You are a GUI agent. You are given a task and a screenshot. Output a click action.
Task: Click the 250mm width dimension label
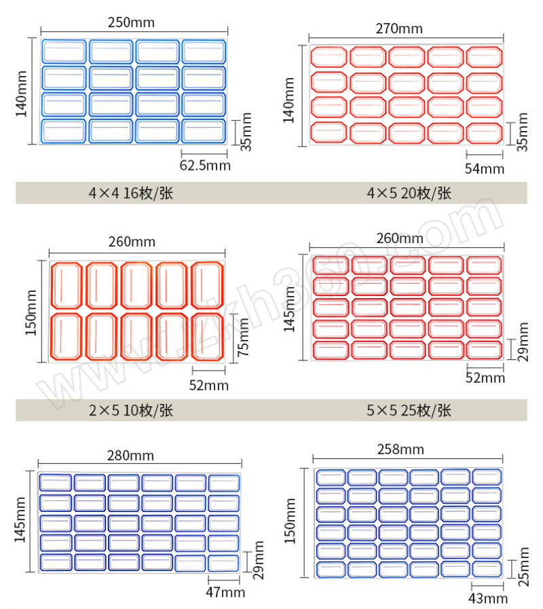click(131, 22)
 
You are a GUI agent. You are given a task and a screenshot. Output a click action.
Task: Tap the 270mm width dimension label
click(399, 29)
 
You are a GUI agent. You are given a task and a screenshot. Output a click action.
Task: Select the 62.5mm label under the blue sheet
click(205, 166)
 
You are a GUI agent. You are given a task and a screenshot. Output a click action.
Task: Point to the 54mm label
click(485, 169)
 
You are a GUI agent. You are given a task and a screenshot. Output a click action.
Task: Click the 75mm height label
click(243, 337)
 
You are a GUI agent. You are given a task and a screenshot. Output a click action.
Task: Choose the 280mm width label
click(130, 456)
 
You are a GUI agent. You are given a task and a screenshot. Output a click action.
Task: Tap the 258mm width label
click(400, 449)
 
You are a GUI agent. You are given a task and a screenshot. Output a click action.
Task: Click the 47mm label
click(225, 593)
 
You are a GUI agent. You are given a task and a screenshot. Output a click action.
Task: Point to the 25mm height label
click(524, 567)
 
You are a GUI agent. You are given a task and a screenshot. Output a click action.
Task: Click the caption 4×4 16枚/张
click(131, 193)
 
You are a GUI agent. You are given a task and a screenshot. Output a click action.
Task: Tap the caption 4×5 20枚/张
click(409, 193)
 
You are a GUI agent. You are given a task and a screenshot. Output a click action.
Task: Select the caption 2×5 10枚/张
click(131, 411)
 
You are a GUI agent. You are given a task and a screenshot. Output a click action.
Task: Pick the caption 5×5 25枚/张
click(409, 411)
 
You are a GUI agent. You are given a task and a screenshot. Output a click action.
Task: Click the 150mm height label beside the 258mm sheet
click(290, 521)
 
